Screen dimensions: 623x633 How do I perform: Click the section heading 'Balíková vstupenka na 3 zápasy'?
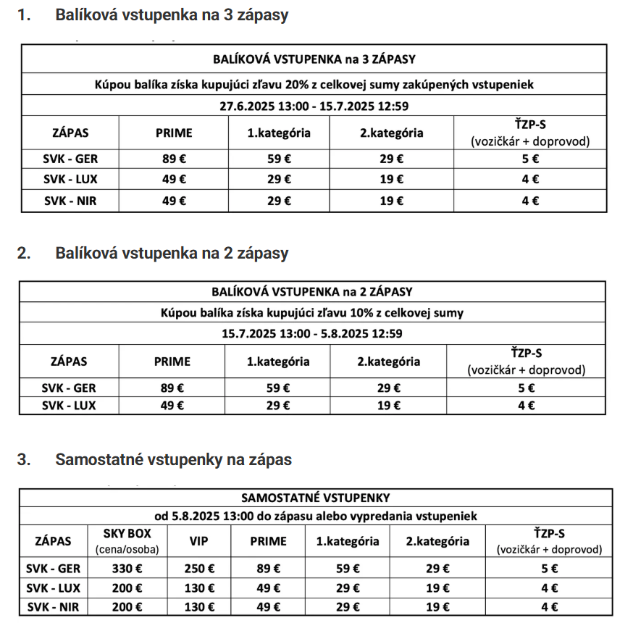click(x=172, y=15)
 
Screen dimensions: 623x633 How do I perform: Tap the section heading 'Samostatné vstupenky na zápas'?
click(x=173, y=459)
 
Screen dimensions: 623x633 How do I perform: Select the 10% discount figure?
click(x=351, y=313)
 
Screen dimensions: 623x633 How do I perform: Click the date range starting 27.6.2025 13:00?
click(x=314, y=105)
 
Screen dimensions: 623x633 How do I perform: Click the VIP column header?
click(x=198, y=541)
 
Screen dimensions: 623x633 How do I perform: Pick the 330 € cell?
click(x=127, y=569)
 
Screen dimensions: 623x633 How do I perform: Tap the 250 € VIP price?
click(x=198, y=569)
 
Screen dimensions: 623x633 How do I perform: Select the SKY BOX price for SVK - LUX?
click(x=127, y=588)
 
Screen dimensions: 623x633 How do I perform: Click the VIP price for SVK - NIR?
click(x=198, y=607)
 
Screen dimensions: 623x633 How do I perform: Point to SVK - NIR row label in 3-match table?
click(x=70, y=201)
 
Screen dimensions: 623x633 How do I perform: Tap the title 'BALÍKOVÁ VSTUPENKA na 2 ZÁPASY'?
click(x=312, y=292)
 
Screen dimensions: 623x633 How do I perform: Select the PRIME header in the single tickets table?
click(x=268, y=541)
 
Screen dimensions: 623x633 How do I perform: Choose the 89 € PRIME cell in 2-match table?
click(x=172, y=388)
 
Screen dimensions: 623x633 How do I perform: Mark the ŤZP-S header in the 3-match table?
click(x=530, y=133)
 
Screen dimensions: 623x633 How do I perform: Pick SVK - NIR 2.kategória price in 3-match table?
click(x=392, y=201)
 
